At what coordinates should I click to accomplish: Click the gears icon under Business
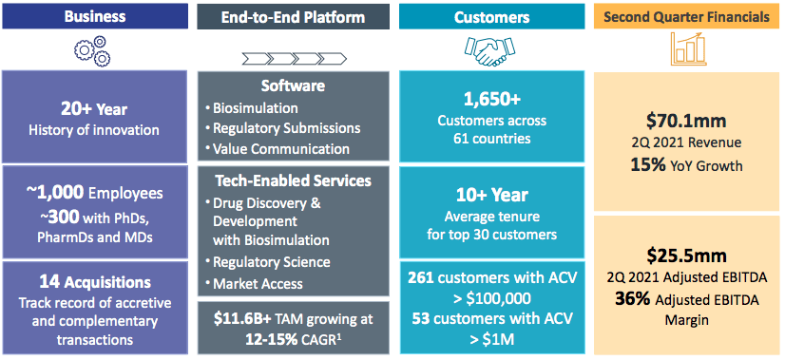pos(99,49)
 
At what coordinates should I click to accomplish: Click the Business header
pos(99,15)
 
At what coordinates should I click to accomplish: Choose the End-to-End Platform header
pos(294,15)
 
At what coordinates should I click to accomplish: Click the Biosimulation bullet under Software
pos(254,107)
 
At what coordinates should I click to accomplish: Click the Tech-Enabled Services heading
pos(294,180)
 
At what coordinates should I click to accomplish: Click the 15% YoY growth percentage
pos(648,164)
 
